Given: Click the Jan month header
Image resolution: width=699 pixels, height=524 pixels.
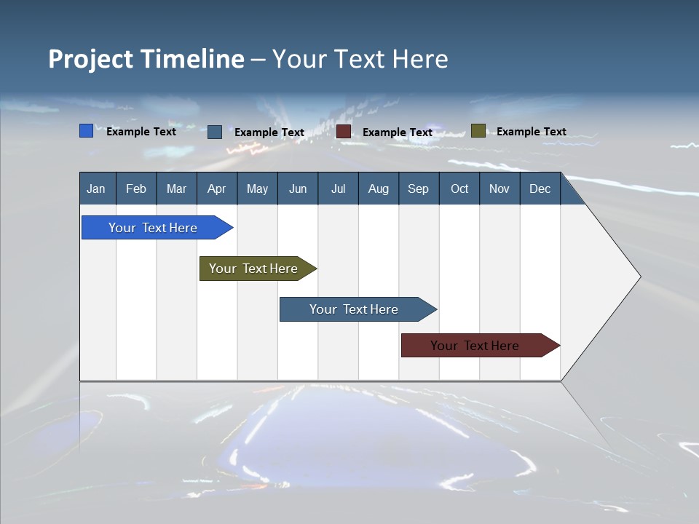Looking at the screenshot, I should coord(97,189).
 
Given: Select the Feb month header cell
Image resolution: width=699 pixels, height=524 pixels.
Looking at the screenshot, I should coord(136,189).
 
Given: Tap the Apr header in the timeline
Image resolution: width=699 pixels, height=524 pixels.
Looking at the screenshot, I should coord(217,189).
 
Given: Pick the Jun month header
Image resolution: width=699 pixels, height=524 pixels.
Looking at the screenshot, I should coord(298,189).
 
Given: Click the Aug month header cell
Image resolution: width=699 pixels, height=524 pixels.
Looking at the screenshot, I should coord(379,189).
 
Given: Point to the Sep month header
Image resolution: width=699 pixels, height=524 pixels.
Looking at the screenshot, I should coord(419,189).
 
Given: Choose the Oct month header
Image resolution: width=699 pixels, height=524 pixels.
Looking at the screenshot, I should coord(459,189).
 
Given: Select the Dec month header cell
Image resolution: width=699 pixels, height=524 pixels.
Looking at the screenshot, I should coord(540,189).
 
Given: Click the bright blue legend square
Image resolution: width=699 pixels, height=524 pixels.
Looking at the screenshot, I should coord(87,131).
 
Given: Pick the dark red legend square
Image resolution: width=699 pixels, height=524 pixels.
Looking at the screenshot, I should coord(344,132).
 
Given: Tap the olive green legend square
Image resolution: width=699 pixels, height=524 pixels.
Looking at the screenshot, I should coord(478,131).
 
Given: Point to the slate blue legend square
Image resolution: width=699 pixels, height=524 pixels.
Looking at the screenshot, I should coord(215,132).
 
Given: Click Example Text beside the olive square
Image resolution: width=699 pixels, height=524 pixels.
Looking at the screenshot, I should coord(531,132).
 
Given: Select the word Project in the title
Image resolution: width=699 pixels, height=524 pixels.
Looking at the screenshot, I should coord(91,59).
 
